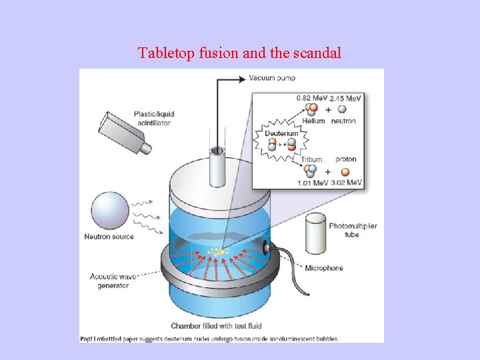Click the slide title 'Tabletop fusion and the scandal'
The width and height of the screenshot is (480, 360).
[239, 53]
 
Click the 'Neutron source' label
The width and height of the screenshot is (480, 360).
[109, 237]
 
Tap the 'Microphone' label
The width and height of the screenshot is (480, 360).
[323, 268]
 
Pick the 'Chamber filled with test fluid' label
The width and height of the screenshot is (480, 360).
[216, 326]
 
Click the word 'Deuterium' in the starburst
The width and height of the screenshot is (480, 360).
[281, 133]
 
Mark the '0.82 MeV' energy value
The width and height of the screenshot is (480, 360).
[311, 98]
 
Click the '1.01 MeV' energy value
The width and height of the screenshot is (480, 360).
[311, 182]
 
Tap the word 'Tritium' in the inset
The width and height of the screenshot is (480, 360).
[311, 159]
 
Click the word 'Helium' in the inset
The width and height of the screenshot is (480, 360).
[313, 121]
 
